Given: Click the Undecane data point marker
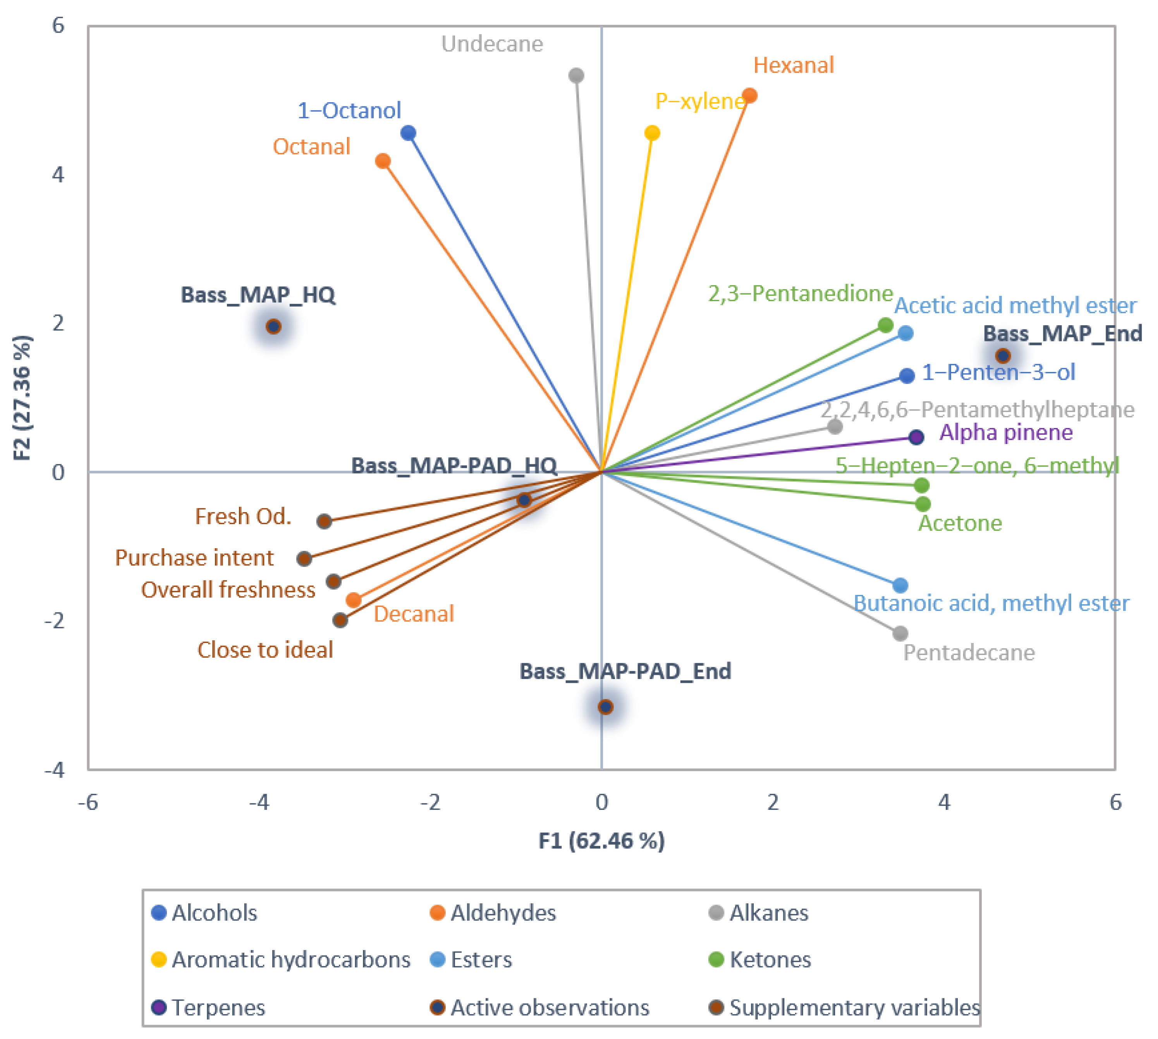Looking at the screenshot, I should click(x=576, y=75).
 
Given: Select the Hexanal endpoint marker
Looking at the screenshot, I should click(x=750, y=95).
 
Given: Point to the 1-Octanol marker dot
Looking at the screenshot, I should click(x=408, y=133).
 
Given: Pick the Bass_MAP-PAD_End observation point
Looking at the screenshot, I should click(x=605, y=707).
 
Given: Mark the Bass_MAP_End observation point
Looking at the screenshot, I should click(x=1003, y=356).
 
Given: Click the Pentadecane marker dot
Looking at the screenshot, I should click(x=900, y=633).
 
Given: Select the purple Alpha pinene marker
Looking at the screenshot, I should click(x=916, y=437).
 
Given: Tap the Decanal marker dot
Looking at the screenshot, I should click(x=354, y=600).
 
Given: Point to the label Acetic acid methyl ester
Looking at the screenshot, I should click(x=1015, y=305).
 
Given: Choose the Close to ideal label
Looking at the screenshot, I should click(x=265, y=650).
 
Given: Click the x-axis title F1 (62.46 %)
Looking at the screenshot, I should click(x=602, y=840).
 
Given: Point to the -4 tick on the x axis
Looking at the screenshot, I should click(x=259, y=802).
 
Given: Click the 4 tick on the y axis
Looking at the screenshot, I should click(x=58, y=174).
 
